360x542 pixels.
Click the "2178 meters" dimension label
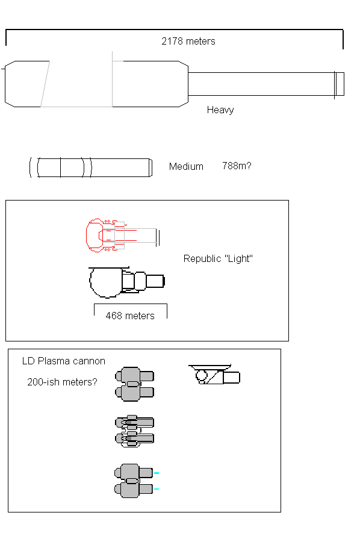(188, 41)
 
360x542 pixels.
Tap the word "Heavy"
(220, 110)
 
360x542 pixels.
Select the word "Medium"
(186, 166)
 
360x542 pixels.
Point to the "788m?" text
(237, 166)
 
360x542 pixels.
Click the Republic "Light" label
(218, 258)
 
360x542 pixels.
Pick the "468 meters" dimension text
(130, 316)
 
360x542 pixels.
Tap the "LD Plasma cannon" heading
(64, 361)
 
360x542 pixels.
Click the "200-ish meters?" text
(62, 382)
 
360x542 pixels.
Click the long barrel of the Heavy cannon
(261, 84)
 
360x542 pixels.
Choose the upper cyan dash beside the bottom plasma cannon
(156, 473)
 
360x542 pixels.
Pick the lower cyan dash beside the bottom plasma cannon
(156, 489)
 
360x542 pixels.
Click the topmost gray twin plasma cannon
(134, 384)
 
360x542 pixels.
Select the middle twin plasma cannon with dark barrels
(134, 431)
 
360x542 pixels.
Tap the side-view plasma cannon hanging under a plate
(214, 375)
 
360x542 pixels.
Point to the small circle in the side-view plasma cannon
(201, 375)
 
